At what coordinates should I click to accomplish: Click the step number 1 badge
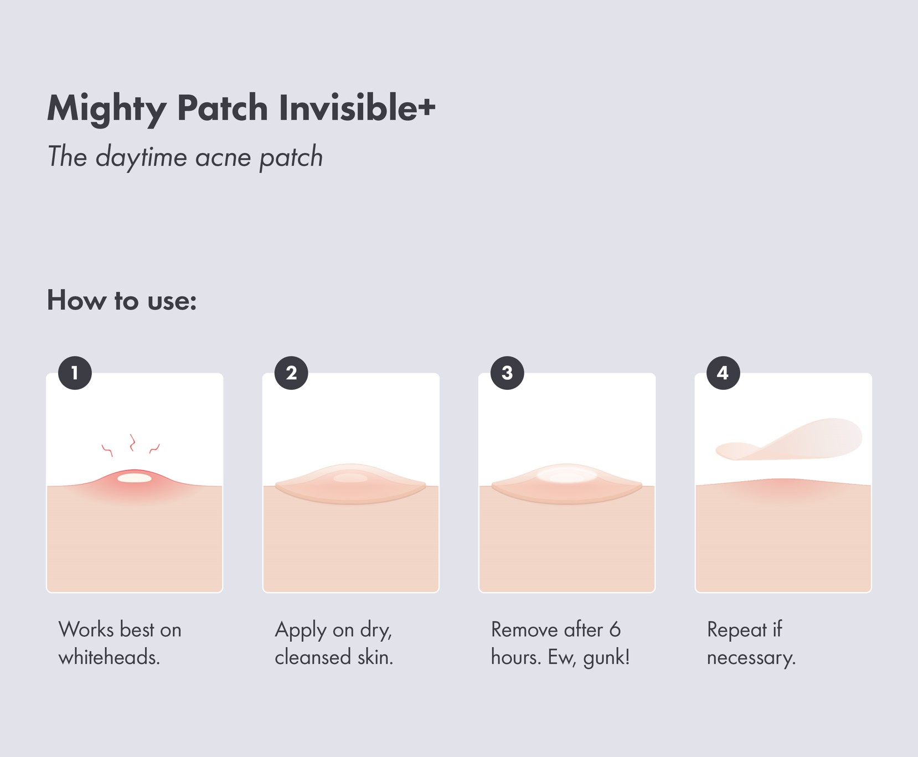pos(75,373)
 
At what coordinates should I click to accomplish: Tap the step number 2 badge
pos(291,373)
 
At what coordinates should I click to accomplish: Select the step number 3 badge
pos(507,373)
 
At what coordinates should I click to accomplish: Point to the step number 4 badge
pos(723,373)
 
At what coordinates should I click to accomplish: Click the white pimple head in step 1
pos(135,477)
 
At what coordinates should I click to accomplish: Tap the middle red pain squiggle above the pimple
pos(132,442)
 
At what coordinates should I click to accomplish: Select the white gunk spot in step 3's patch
pos(566,475)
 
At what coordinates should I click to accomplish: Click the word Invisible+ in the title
pos(357,107)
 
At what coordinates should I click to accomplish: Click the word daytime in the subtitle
pos(141,157)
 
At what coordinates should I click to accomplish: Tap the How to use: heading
pos(122,300)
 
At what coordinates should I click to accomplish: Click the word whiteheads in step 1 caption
pos(108,657)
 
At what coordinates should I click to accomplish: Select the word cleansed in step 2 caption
pos(313,657)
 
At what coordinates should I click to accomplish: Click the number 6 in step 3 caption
pos(615,630)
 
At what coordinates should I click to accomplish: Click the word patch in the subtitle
pos(291,157)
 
